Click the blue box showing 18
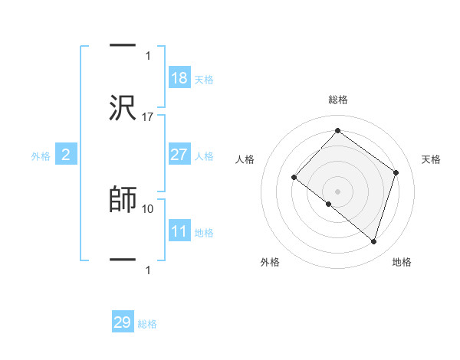[179, 78]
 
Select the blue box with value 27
[179, 155]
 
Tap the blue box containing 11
[179, 231]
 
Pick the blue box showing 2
[66, 155]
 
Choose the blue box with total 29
[123, 322]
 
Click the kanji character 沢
[123, 107]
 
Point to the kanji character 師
[123, 198]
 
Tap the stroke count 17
[148, 116]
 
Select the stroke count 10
[148, 208]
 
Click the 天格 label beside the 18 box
[204, 79]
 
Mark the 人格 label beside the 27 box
[204, 155]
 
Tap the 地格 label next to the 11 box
[204, 232]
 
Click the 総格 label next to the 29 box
[147, 323]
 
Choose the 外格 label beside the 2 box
[41, 156]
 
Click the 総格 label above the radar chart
[337, 100]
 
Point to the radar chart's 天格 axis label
[432, 159]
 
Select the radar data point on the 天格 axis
[396, 172]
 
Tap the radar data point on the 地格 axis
[373, 241]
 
